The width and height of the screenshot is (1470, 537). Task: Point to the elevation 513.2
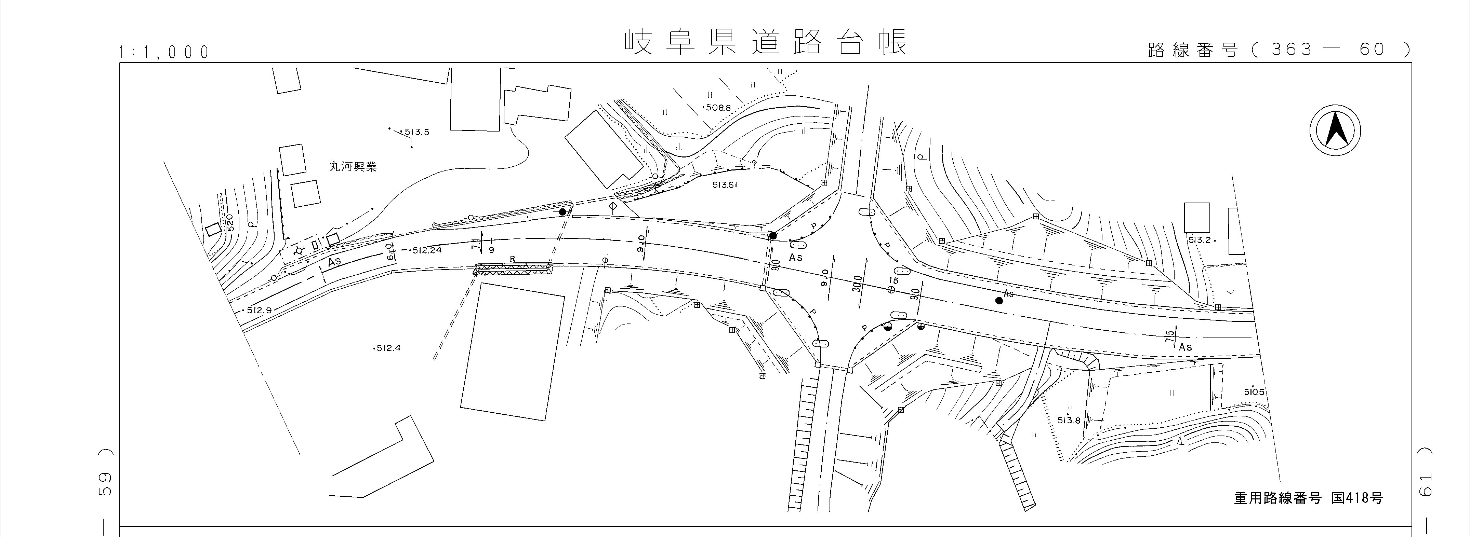[x=1200, y=240]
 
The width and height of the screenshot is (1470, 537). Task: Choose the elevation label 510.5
[x=1254, y=392]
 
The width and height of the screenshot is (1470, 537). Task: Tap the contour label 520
[x=230, y=222]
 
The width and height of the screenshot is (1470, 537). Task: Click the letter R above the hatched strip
[x=513, y=259]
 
